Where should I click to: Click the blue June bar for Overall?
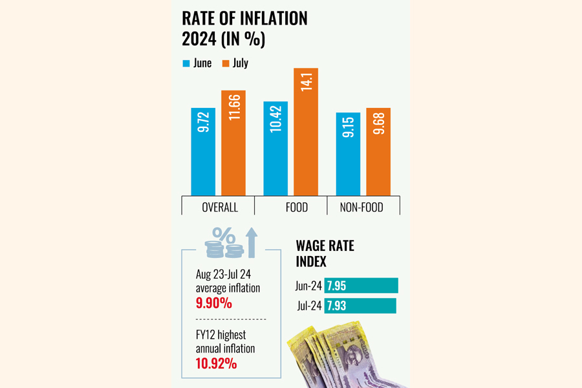[x=203, y=151]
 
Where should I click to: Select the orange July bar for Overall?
[x=233, y=143]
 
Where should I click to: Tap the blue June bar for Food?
[x=275, y=148]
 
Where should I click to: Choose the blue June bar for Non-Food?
[x=348, y=154]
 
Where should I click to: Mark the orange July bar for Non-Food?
[x=378, y=151]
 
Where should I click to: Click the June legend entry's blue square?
[x=186, y=63]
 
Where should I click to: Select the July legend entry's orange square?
[x=226, y=63]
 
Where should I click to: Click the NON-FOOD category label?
[x=363, y=208]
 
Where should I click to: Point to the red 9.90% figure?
[x=214, y=302]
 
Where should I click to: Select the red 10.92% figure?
[x=216, y=363]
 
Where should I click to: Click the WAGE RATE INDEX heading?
[x=325, y=253]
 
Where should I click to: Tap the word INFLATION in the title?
[x=265, y=19]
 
